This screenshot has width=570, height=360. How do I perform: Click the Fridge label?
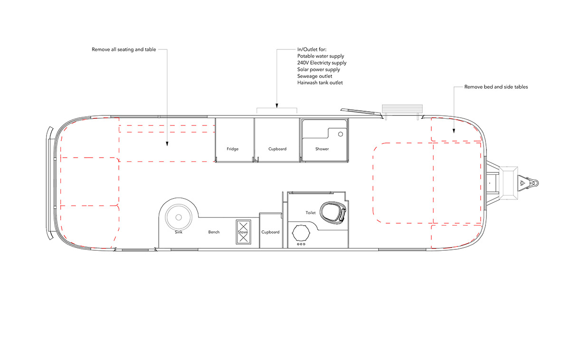pyautogui.click(x=233, y=149)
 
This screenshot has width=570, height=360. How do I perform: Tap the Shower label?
pyautogui.click(x=322, y=149)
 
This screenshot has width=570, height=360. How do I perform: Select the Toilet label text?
pyautogui.click(x=311, y=213)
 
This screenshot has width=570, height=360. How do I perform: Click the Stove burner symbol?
pyautogui.click(x=244, y=232)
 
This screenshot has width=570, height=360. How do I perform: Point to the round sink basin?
pyautogui.click(x=179, y=217)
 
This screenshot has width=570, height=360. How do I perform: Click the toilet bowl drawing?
pyautogui.click(x=333, y=213)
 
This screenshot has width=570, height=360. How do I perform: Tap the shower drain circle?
pyautogui.click(x=341, y=134)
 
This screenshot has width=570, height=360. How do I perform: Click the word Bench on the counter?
pyautogui.click(x=214, y=232)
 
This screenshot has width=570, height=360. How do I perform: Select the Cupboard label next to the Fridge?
pyautogui.click(x=277, y=149)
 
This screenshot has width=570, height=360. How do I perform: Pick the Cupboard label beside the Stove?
pyautogui.click(x=270, y=232)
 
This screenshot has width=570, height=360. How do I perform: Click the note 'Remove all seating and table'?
pyautogui.click(x=123, y=49)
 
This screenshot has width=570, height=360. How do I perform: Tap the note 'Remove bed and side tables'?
pyautogui.click(x=496, y=87)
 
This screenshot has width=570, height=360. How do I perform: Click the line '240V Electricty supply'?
pyautogui.click(x=322, y=63)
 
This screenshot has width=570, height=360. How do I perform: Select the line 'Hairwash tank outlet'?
pyautogui.click(x=320, y=83)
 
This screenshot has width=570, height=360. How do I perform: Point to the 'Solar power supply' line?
pyautogui.click(x=318, y=69)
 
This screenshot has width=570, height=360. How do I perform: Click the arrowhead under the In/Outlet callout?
pyautogui.click(x=277, y=105)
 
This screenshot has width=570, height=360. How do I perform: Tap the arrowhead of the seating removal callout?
pyautogui.click(x=167, y=144)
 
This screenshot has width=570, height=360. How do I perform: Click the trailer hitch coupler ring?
pyautogui.click(x=535, y=183)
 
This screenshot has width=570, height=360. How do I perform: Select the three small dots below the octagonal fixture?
pyautogui.click(x=301, y=244)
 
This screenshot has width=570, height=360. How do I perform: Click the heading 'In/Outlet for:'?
pyautogui.click(x=312, y=49)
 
